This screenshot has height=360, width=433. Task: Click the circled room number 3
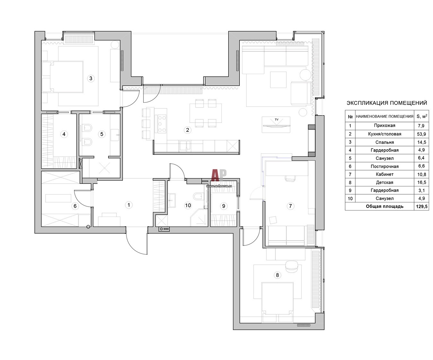tap(91, 78)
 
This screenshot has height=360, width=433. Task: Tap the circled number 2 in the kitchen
tap(187, 130)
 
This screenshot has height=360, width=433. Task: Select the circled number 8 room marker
tap(277, 275)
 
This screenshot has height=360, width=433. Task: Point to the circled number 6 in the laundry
tap(75, 206)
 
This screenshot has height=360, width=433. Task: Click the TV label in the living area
tap(276, 120)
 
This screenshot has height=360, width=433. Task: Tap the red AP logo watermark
tap(219, 175)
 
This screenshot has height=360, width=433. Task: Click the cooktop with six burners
tap(162, 124)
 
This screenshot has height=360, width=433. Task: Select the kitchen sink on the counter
tap(185, 145)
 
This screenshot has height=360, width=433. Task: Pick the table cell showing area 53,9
tap(421, 134)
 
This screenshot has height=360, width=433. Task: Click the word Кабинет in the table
tap(385, 174)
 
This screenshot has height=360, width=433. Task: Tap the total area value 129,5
tap(421, 206)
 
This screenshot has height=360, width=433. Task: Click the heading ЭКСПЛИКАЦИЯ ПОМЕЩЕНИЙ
tap(387, 103)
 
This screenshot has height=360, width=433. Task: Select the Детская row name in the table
tap(385, 182)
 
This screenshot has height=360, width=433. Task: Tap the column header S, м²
tap(422, 116)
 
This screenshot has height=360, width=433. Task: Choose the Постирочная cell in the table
tap(385, 166)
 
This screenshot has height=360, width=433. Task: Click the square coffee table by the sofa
tap(278, 80)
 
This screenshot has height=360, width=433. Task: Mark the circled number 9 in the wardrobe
tap(223, 206)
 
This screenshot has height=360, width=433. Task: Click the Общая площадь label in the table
tap(385, 206)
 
